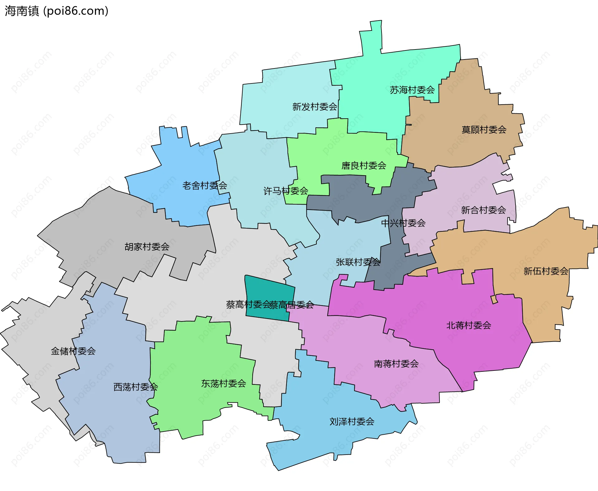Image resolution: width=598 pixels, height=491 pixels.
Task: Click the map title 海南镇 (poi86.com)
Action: coord(56,11)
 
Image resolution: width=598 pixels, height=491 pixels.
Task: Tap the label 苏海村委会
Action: coord(412,90)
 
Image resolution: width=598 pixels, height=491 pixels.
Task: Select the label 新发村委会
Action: coord(315,107)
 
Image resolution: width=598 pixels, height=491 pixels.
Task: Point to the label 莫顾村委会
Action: coord(484,130)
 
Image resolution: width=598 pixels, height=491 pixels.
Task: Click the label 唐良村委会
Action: coord(364,165)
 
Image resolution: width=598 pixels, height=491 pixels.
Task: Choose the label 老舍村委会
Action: coord(205,186)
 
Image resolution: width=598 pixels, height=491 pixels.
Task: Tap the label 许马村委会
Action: coord(286,191)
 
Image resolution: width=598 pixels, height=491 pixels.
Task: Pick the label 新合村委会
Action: coord(483,210)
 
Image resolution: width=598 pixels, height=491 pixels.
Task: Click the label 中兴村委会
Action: coord(403,223)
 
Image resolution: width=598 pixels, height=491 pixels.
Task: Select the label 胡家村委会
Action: coord(147,247)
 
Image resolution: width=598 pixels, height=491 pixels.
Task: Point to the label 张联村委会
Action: coord(358,262)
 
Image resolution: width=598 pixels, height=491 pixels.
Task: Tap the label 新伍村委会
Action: coord(546,271)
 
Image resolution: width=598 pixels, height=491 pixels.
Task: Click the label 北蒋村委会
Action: coord(468,325)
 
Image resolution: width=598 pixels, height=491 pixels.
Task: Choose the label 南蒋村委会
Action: coord(396,364)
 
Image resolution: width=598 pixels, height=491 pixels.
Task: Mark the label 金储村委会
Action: coord(73,351)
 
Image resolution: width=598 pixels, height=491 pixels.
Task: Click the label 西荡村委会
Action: coord(135,387)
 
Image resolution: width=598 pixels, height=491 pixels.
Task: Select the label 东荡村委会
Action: coord(224,384)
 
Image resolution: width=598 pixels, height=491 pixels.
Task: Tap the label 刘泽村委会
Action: coord(352,422)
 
